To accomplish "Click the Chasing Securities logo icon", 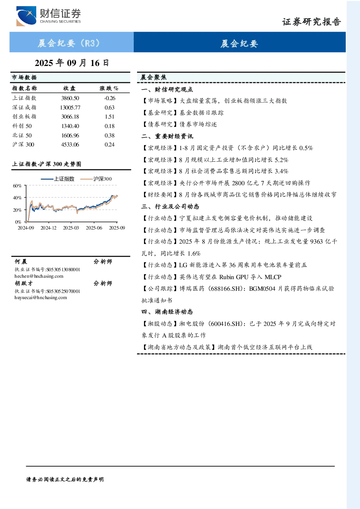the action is tap(26, 16).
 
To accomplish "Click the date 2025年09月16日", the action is tap(72, 63).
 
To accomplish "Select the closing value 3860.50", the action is tap(70, 98).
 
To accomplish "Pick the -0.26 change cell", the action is tap(109, 98).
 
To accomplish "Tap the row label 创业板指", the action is tap(24, 117).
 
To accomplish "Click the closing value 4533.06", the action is tap(70, 145).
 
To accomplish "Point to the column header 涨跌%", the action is tap(109, 88).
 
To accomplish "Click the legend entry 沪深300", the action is tap(96, 179).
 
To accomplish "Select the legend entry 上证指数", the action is tap(58, 179).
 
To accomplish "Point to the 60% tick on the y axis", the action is tap(17, 186).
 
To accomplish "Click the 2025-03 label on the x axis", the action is tap(71, 228).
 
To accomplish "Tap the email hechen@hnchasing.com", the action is tap(39, 276).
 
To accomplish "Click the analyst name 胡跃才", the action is tap(24, 284).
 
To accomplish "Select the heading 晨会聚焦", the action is tap(153, 78).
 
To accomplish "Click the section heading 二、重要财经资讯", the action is tap(167, 136).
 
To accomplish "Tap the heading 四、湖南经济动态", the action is tap(167, 312).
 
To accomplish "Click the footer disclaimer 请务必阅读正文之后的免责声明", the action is tap(65, 480).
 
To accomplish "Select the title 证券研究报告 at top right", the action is tap(311, 22).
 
